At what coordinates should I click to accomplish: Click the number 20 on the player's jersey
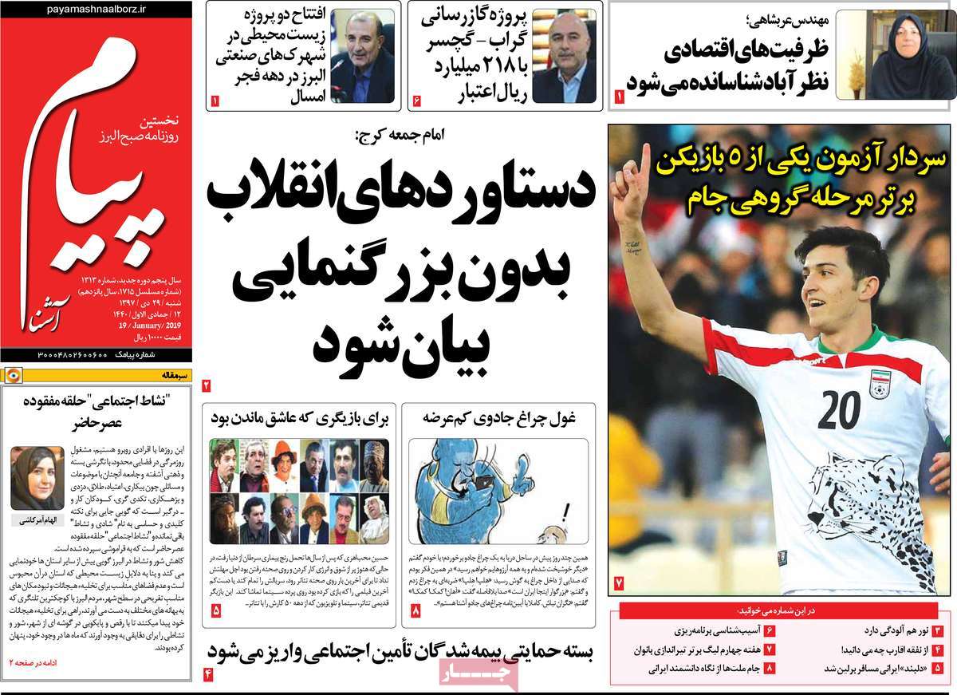[x=838, y=409]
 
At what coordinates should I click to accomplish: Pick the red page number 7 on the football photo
[x=619, y=585]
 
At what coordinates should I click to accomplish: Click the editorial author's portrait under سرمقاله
[x=37, y=478]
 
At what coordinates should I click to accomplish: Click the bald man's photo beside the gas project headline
[x=564, y=57]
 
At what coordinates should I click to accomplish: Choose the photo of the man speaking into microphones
[x=361, y=57]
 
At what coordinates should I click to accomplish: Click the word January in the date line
[x=139, y=326]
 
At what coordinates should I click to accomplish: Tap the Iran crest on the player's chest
[x=879, y=385]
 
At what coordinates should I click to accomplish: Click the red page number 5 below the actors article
[x=217, y=610]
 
